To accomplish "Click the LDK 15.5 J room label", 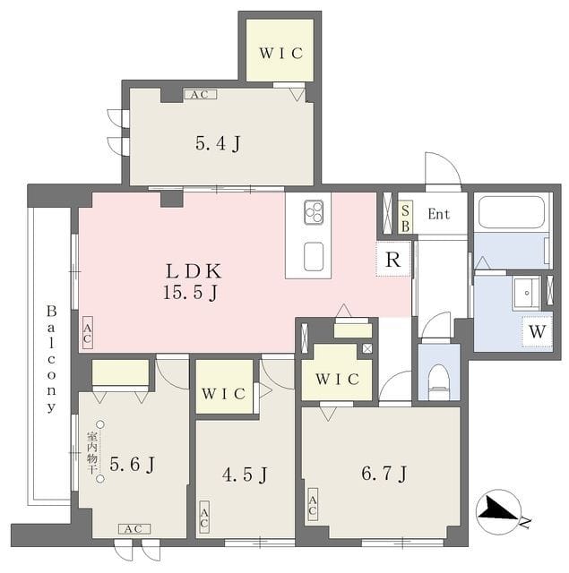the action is click(x=193, y=282).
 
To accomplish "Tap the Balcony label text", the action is click(x=52, y=360).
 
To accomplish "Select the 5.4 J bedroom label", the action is click(x=219, y=143).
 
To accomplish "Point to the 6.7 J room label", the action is click(x=384, y=474).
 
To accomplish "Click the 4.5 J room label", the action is click(x=245, y=475).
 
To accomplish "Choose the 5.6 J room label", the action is click(x=133, y=465).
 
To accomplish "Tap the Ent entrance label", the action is click(x=438, y=214).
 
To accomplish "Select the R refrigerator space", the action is click(x=393, y=259).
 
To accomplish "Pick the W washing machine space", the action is click(x=537, y=331).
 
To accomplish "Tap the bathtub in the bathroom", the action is click(x=512, y=212).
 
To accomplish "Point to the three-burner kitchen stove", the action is click(x=314, y=212).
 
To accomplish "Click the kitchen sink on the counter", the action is click(x=314, y=256).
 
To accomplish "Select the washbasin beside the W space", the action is click(x=527, y=293).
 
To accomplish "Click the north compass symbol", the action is click(x=500, y=512).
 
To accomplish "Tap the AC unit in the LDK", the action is click(x=88, y=332).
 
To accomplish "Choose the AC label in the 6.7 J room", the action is click(x=313, y=504).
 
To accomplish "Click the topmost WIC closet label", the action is click(x=281, y=54).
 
